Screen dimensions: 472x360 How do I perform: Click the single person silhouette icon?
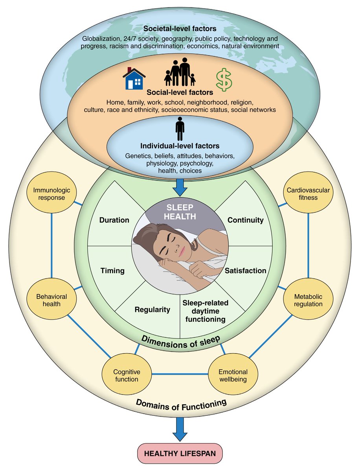pyautogui.click(x=180, y=129)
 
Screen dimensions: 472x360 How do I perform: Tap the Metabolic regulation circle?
pyautogui.click(x=308, y=300)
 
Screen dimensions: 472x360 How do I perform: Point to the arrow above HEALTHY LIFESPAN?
pyautogui.click(x=180, y=429)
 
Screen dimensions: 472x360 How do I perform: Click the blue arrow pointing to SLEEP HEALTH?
pyautogui.click(x=180, y=186)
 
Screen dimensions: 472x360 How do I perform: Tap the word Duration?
pyautogui.click(x=114, y=220)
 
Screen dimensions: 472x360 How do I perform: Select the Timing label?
pyautogui.click(x=112, y=271)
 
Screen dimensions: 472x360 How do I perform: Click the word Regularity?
pyautogui.click(x=152, y=310)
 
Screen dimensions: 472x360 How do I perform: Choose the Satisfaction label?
pyautogui.click(x=246, y=271)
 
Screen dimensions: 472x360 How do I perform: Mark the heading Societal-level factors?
pyautogui.click(x=180, y=29)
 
